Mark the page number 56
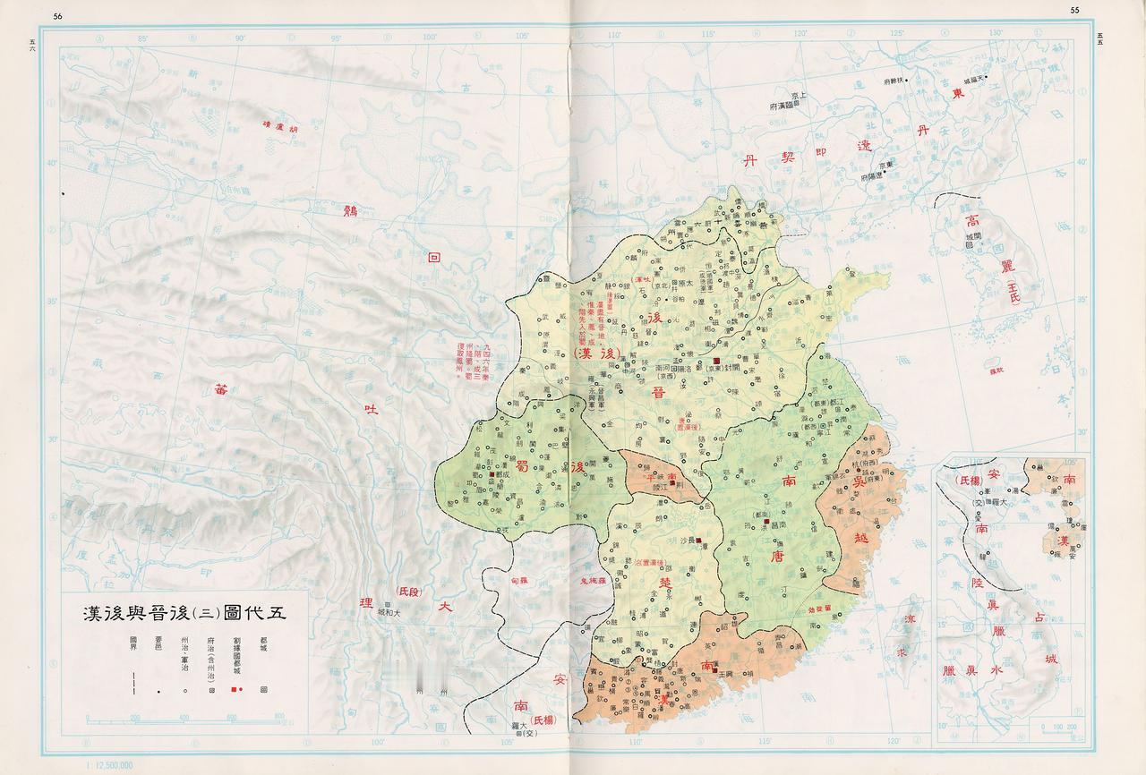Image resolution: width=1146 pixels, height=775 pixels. [x=58, y=15]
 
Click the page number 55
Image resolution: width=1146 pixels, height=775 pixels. [x=1075, y=10]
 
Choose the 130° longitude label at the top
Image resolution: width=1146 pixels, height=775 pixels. [x=996, y=33]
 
